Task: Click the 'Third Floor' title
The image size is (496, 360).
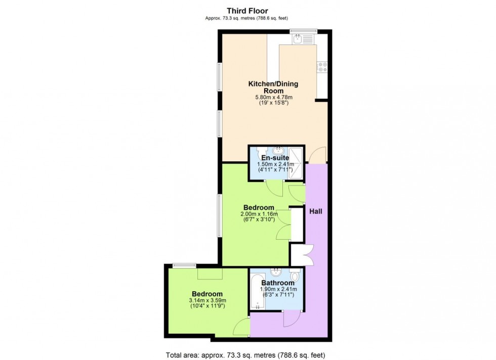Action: coord(247,11)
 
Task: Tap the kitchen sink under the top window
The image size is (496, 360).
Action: coord(304,38)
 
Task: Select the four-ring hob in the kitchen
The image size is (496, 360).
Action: coord(322,67)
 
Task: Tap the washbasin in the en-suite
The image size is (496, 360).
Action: coord(277,151)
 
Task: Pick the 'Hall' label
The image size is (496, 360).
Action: coord(316,211)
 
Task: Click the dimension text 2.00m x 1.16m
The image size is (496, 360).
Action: coord(259,214)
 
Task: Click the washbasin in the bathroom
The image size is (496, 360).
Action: coord(276,273)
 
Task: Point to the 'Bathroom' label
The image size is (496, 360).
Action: coord(277,283)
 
